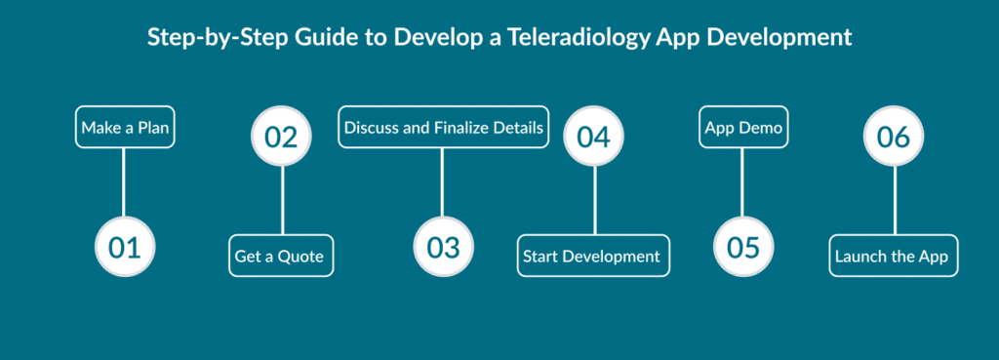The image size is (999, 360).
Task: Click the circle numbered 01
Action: click(125, 247)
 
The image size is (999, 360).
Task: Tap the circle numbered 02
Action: click(282, 137)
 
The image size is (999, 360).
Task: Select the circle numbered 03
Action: click(444, 247)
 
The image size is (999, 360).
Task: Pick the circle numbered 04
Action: click(594, 137)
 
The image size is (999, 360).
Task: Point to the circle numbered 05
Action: click(742, 247)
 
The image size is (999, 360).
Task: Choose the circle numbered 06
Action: click(894, 137)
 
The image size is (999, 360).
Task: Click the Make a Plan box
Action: click(125, 128)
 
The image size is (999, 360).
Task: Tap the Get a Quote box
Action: click(281, 256)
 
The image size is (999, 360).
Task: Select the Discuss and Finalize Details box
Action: click(444, 128)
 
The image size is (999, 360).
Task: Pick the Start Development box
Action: click(593, 256)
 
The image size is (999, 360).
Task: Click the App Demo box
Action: click(742, 128)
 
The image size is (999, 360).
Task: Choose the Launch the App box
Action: click(894, 256)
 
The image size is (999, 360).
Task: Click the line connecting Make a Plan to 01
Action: click(124, 182)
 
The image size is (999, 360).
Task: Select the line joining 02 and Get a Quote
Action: click(282, 201)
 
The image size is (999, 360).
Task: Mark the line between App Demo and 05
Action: click(742, 182)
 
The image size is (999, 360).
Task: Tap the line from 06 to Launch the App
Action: click(895, 201)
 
